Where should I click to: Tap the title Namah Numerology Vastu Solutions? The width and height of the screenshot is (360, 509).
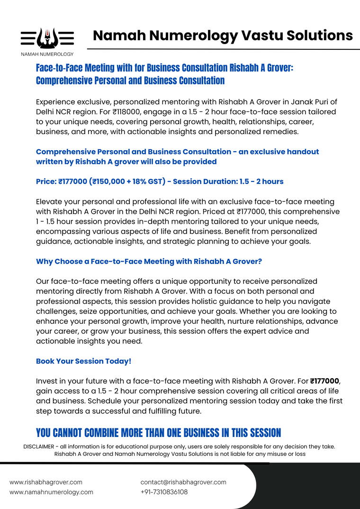[x=223, y=35]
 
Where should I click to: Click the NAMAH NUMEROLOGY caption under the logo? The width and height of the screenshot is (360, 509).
[x=47, y=55]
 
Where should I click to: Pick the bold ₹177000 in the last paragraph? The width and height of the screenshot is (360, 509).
[x=324, y=381]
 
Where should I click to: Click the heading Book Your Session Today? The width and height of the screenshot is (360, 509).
[x=83, y=361]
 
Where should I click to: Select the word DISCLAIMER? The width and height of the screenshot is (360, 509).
[x=39, y=446]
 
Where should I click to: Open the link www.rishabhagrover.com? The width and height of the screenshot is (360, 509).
[x=46, y=482]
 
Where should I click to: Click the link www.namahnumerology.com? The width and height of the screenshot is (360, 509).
[x=51, y=492]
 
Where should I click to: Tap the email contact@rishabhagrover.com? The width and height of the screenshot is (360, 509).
[x=183, y=482]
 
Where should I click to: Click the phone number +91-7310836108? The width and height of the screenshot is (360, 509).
[x=164, y=492]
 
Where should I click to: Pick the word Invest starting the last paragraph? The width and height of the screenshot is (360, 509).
[x=47, y=381]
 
